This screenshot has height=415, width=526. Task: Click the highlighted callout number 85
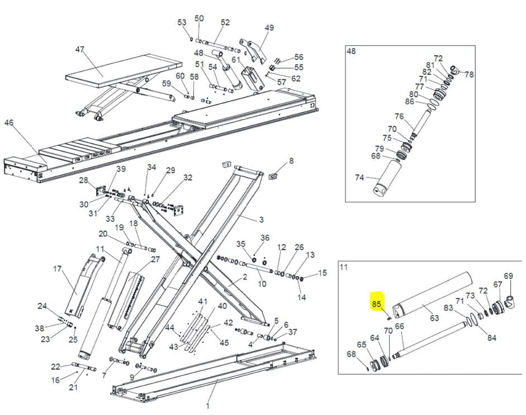[376, 304]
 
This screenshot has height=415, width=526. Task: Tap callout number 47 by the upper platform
[80, 50]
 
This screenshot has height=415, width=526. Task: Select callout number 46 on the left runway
[8, 123]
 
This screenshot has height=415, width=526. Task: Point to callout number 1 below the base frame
[207, 405]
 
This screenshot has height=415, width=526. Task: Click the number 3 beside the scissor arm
[260, 219]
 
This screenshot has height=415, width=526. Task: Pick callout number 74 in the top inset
[359, 178]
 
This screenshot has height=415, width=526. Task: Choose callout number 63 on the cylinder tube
[434, 318]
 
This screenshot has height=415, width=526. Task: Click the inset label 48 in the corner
[351, 52]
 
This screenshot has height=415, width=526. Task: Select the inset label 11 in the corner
[343, 267]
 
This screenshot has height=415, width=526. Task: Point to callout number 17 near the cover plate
[57, 269]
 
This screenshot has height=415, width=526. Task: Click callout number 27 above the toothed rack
[155, 259]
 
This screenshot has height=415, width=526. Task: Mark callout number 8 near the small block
[291, 161]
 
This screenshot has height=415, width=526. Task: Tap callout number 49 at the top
[269, 28]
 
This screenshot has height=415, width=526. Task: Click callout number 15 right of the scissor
[322, 273]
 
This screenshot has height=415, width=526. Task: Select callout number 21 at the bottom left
[73, 388]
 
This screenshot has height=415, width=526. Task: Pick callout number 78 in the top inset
[469, 74]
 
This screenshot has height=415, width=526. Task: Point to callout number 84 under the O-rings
[491, 337]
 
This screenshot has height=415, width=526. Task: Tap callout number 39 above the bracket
[121, 169]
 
